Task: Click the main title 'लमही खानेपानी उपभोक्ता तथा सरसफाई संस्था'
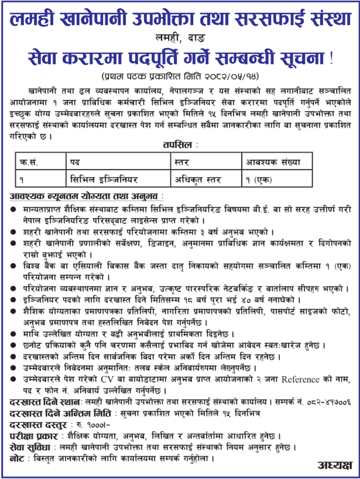(180, 19)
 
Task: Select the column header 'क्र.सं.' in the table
(30, 158)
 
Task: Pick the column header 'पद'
(76, 158)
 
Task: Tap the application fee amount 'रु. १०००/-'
(75, 424)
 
